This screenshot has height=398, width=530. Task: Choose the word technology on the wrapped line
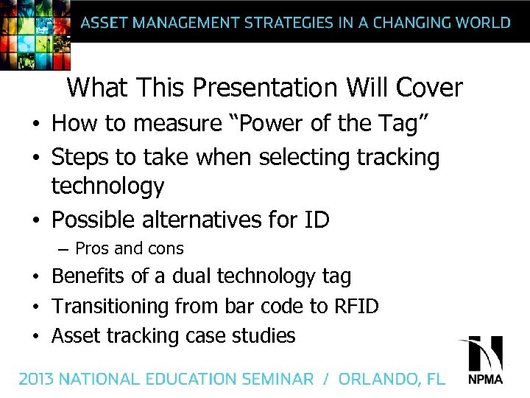click(107, 187)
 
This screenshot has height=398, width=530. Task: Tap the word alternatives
click(216, 220)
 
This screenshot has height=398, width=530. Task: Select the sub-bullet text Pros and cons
click(130, 249)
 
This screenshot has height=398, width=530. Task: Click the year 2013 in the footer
click(36, 380)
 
